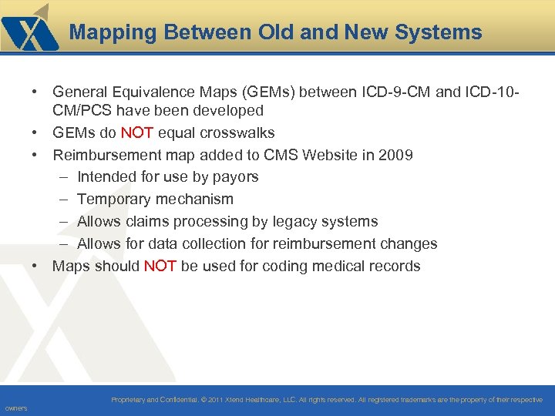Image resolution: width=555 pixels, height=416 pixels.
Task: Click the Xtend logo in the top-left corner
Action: coord(29,29)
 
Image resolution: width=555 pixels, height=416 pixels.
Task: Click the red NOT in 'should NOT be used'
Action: coord(160,267)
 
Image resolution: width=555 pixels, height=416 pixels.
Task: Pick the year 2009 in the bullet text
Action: coord(395,155)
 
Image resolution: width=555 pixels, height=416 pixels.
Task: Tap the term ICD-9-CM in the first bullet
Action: coord(399,92)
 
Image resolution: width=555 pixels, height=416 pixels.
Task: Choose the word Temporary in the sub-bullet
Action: coord(114,200)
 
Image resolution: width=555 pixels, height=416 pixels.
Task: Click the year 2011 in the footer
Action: coord(217,400)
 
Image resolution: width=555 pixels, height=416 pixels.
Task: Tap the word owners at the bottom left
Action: coord(15,408)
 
